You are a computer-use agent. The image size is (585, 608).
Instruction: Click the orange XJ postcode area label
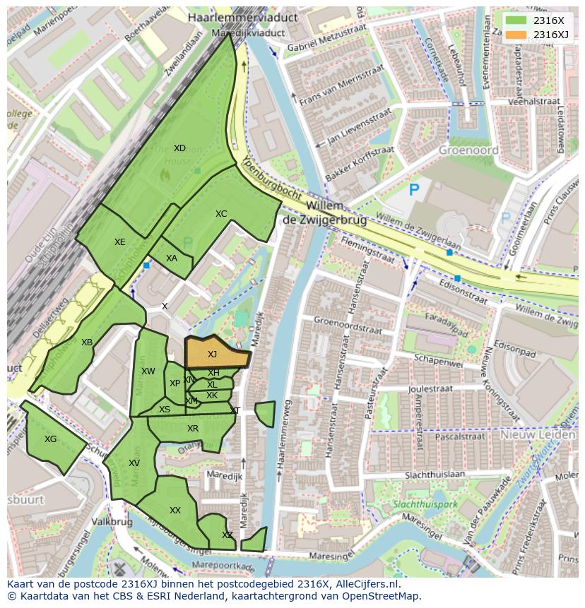click(212, 354)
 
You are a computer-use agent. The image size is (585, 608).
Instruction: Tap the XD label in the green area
click(179, 148)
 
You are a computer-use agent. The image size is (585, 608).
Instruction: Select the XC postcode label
click(221, 214)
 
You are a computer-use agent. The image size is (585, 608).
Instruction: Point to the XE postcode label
click(120, 242)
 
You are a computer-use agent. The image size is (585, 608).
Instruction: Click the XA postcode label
click(172, 258)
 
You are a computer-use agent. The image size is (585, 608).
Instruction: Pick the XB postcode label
click(87, 342)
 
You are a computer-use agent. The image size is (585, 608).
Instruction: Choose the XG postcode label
click(50, 439)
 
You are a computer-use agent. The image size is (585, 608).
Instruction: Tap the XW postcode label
click(148, 371)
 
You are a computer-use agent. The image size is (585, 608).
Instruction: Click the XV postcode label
click(134, 463)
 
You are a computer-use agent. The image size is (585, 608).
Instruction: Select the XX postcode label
click(175, 511)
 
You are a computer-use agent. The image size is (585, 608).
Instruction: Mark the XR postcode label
click(193, 429)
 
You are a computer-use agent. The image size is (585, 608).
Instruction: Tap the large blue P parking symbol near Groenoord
click(414, 189)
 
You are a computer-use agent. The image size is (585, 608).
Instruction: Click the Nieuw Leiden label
click(538, 435)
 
